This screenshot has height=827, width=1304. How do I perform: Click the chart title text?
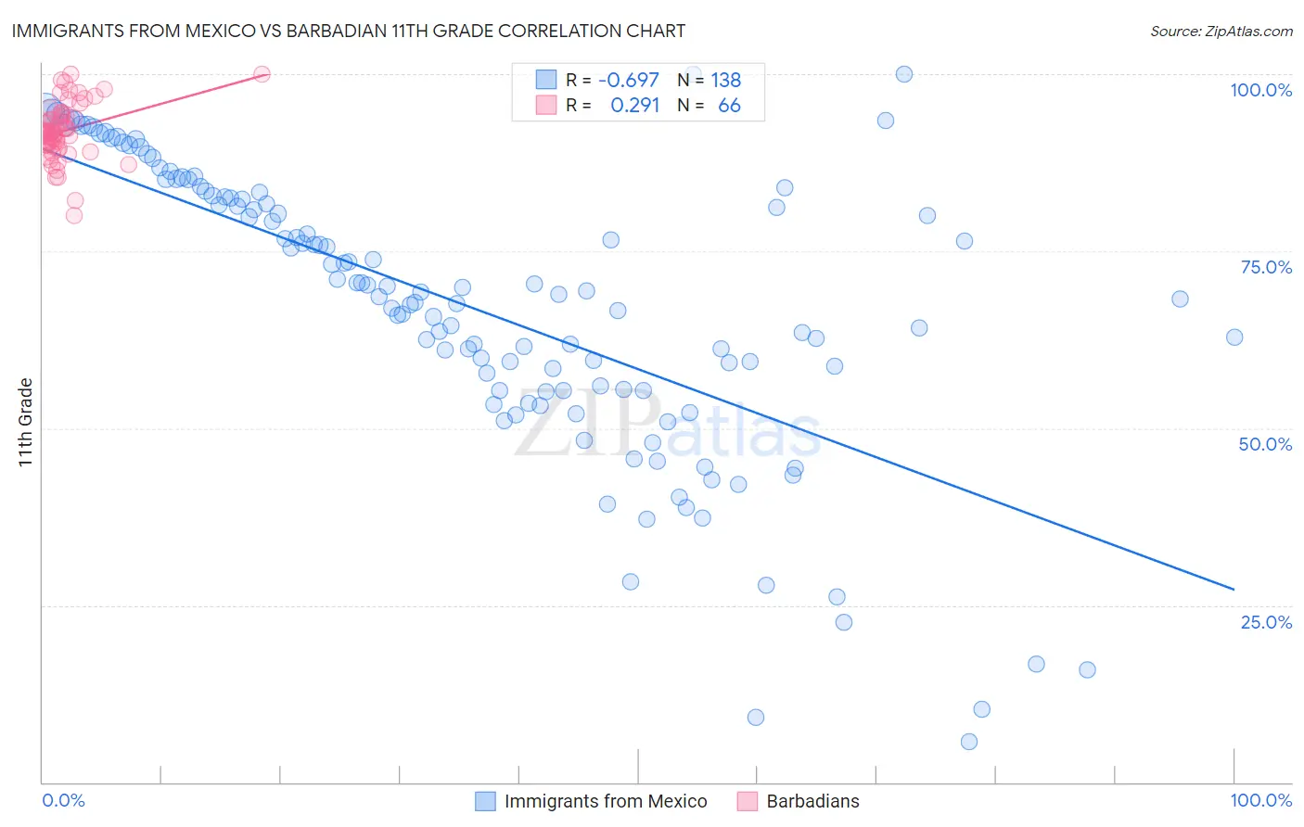pos(349,31)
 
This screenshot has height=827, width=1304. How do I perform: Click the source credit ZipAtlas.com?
pos(1221,32)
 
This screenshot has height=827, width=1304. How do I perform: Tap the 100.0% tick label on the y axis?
pos(1260,90)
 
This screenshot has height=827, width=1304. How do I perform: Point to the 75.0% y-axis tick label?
pos(1266,267)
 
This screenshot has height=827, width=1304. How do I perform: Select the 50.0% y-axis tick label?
pos(1265,444)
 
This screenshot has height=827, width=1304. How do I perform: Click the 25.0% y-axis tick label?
pos(1266,622)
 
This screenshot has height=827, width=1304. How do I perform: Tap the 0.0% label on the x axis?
pos(63,800)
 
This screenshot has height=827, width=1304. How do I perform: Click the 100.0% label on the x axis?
pos(1260,800)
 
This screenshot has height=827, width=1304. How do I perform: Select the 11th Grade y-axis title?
pos(25,422)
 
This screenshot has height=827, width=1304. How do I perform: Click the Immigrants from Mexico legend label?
pos(606,801)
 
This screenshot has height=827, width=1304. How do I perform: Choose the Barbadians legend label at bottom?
pos(812,801)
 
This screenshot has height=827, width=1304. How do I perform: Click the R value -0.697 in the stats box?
pos(628,81)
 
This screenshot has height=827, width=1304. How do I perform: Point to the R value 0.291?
pos(634,106)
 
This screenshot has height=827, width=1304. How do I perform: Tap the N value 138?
pos(726,81)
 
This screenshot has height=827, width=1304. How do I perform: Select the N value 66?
pos(729,106)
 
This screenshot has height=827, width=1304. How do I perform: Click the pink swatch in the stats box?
pos(546,105)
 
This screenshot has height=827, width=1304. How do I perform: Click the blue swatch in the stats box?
pos(546,80)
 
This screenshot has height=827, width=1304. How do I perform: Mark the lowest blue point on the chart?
pos(969,742)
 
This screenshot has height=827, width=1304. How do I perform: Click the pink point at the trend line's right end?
pos(262,74)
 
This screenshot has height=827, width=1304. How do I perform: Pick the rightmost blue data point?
pos(1234,337)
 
